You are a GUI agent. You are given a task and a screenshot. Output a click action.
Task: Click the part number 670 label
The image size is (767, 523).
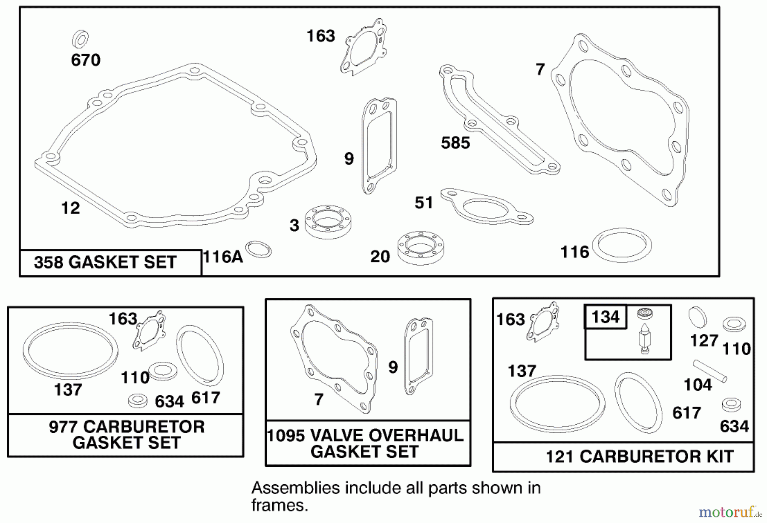point(86,60)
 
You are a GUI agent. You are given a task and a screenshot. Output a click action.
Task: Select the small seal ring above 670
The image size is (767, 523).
point(80,39)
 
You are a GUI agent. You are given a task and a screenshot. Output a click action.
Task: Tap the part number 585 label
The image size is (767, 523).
point(455,143)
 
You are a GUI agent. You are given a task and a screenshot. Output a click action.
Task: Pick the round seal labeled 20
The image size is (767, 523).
point(421,248)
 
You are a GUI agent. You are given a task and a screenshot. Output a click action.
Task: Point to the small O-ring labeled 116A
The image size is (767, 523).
point(258,249)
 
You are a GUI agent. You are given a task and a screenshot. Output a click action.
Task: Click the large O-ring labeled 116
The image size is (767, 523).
point(622,245)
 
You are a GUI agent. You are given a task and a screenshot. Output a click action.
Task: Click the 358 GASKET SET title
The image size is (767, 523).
point(105,262)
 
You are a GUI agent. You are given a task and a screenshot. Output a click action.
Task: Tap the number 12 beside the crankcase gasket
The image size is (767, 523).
point(70,208)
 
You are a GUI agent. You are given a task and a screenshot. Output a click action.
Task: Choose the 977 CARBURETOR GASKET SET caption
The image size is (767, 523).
point(126,434)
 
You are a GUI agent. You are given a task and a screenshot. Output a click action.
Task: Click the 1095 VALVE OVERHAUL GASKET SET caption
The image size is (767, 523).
point(365,443)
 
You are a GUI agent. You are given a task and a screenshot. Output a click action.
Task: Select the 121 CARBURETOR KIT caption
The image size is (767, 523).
point(639,457)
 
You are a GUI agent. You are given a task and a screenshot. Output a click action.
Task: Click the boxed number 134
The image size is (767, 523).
point(606,317)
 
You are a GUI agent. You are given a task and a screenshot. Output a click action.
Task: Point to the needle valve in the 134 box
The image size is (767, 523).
point(644,336)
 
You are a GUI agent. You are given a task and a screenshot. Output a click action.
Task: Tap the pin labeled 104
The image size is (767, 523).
point(709,371)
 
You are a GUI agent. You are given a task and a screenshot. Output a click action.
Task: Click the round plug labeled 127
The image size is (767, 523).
point(697,317)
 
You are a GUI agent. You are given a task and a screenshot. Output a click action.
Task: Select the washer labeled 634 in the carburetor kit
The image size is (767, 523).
point(731,404)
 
